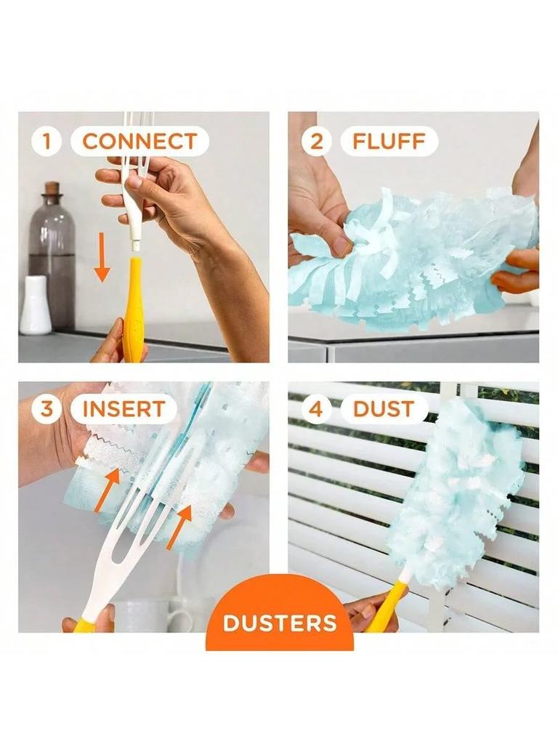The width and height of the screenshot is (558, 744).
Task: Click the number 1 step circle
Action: point(47,141)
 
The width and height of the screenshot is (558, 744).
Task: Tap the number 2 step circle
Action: point(317,141)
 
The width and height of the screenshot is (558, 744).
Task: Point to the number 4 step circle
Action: point(317,409)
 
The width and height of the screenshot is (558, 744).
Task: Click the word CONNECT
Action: point(139,141)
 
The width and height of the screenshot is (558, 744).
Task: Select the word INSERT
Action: point(124,409)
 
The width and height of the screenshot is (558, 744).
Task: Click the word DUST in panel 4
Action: point(384,409)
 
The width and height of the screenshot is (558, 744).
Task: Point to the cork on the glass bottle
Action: point(51,189)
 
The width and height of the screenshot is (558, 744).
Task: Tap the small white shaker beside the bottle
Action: point(35,305)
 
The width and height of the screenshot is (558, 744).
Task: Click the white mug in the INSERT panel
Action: point(156,615)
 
